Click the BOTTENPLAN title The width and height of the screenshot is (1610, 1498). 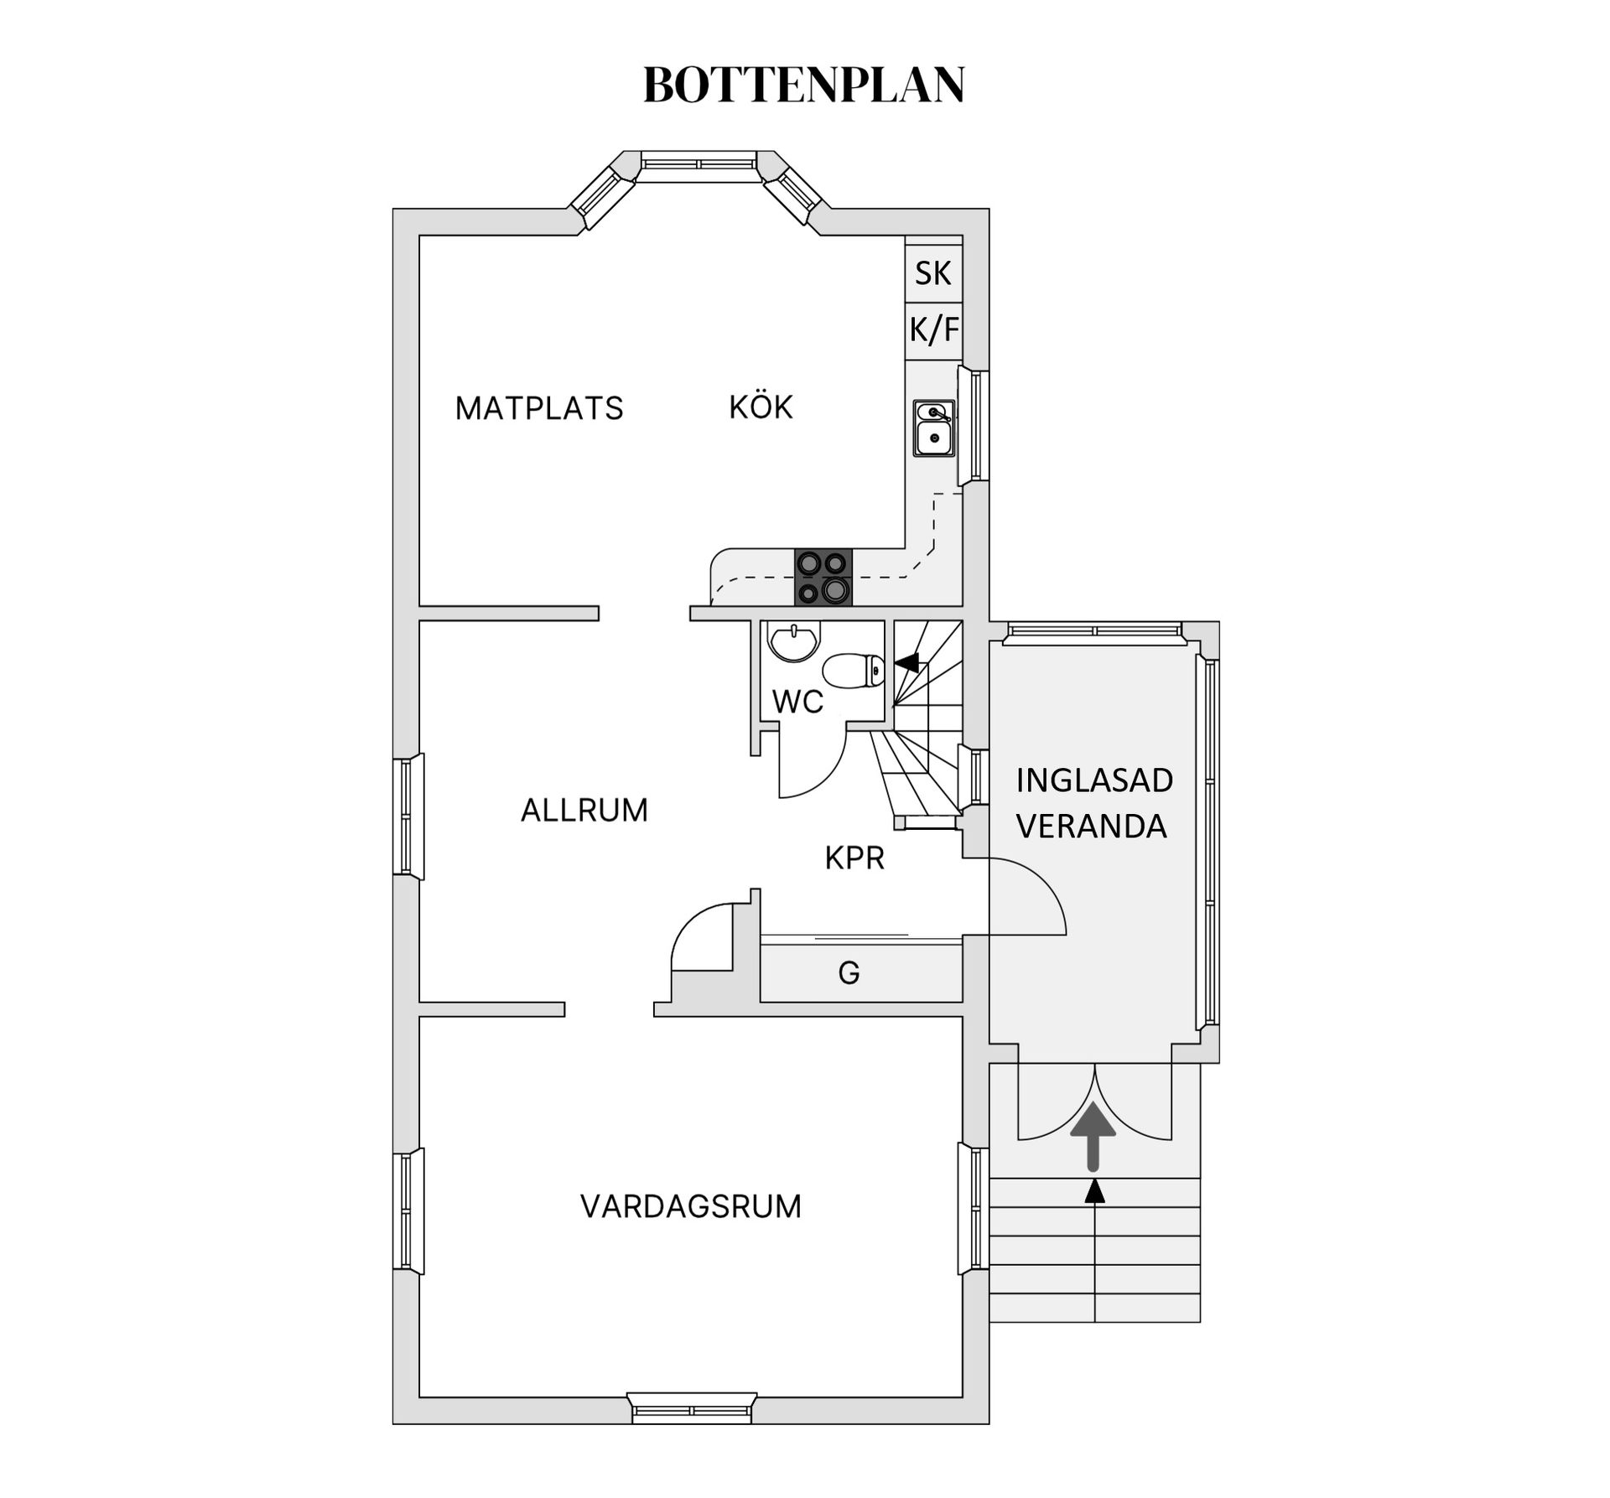(803, 85)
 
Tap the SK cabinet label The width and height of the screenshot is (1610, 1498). (932, 273)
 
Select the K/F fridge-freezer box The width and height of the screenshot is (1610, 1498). (933, 330)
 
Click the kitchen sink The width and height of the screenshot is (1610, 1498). (933, 428)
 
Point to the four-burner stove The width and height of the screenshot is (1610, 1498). (823, 577)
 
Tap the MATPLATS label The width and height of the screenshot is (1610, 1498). (539, 408)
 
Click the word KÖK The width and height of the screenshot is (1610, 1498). (761, 407)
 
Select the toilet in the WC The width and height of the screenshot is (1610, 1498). (854, 671)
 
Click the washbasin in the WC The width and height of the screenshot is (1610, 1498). (792, 642)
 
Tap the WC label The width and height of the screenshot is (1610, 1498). (797, 702)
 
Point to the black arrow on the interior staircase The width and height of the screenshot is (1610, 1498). (907, 662)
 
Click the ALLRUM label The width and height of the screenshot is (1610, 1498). (584, 811)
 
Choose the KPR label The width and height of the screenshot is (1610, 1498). (854, 858)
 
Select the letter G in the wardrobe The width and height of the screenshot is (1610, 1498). (849, 972)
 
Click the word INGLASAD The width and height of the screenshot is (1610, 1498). (1094, 780)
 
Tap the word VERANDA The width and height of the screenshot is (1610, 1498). (1092, 827)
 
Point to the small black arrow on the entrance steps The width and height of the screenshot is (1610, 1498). (1094, 1191)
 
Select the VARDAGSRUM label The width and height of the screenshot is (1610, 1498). (691, 1206)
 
